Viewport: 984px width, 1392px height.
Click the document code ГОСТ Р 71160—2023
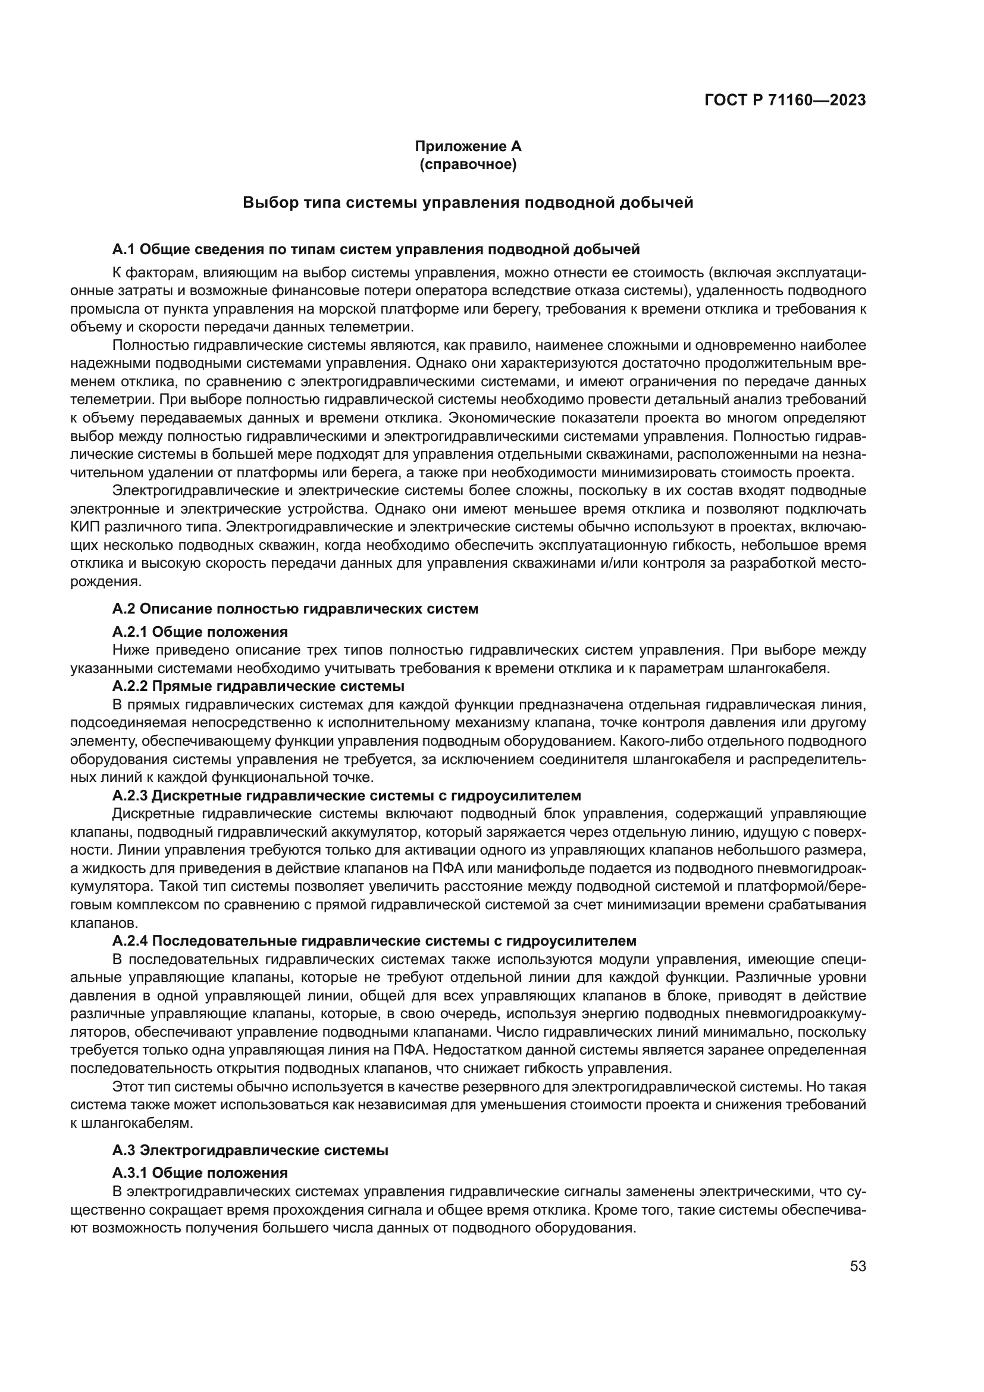tap(785, 100)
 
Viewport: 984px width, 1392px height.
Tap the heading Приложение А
tap(468, 146)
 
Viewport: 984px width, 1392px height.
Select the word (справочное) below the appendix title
tap(468, 164)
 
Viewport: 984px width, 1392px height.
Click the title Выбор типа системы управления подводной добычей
tap(468, 202)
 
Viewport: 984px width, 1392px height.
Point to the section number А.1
tap(124, 249)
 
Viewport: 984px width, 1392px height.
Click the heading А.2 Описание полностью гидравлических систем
tap(295, 609)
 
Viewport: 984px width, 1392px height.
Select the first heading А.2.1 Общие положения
tap(200, 633)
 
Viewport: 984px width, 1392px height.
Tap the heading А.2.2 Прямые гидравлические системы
tap(258, 686)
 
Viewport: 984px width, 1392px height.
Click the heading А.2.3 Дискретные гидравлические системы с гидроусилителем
tap(347, 796)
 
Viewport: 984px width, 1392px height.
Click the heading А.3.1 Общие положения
tap(200, 1172)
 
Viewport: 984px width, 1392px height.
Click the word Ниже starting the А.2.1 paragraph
tap(130, 650)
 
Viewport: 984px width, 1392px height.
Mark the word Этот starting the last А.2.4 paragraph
tap(128, 1087)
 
